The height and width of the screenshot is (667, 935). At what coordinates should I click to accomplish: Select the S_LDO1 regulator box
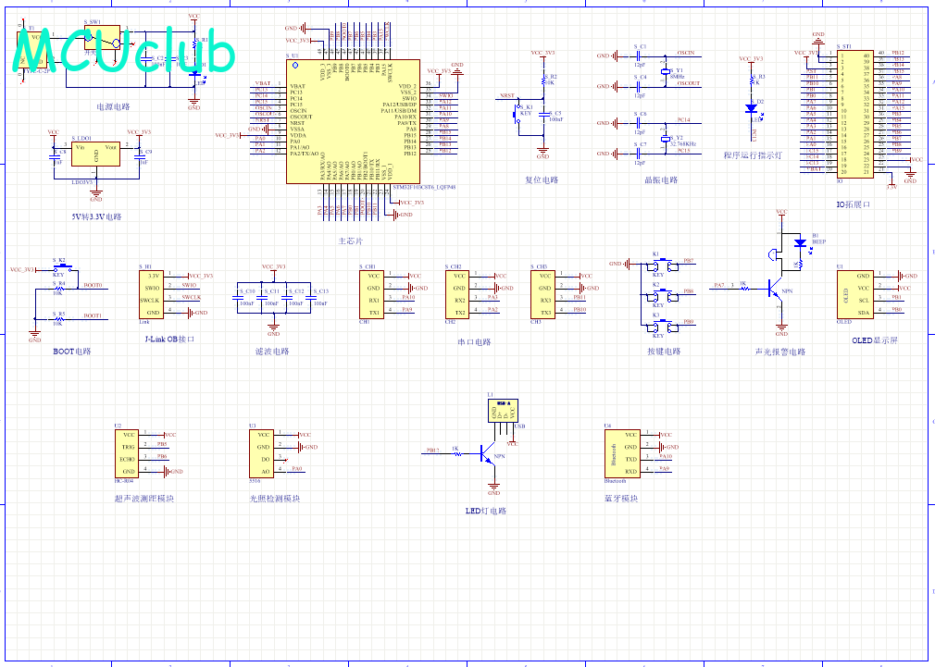point(96,154)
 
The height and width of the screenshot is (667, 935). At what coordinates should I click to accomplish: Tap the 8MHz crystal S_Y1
point(664,71)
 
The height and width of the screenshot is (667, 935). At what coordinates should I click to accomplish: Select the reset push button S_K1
point(518,116)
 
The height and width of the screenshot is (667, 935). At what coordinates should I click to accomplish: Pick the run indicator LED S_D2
point(752,106)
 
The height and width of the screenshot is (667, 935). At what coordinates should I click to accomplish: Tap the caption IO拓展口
point(854,204)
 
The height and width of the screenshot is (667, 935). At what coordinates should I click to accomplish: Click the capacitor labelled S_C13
point(317,297)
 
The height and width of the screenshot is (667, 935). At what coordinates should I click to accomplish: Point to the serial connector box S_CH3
point(544,294)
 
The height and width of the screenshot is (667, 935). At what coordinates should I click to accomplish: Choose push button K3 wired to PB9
point(659,322)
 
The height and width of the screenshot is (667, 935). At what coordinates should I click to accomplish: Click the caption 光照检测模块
point(274,500)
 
